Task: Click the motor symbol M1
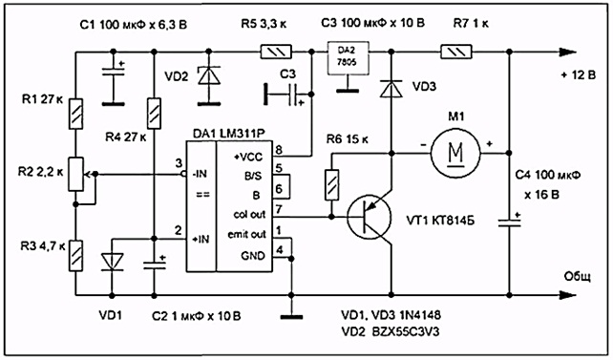[455, 153]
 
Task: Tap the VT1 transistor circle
[370, 217]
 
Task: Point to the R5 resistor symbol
[276, 52]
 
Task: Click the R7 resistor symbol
[456, 52]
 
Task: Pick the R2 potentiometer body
[75, 174]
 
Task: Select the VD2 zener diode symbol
[209, 75]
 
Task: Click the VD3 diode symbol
[391, 89]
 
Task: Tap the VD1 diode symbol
[113, 262]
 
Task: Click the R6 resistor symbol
[332, 185]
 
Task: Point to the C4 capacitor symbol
[509, 222]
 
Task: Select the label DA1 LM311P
[229, 134]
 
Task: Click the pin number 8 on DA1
[279, 150]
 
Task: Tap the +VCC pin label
[248, 158]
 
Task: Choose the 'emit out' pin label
[246, 234]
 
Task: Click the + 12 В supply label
[579, 74]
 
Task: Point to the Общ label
[577, 277]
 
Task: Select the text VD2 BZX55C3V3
[391, 332]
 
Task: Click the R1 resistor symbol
[75, 114]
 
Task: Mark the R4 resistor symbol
[154, 114]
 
